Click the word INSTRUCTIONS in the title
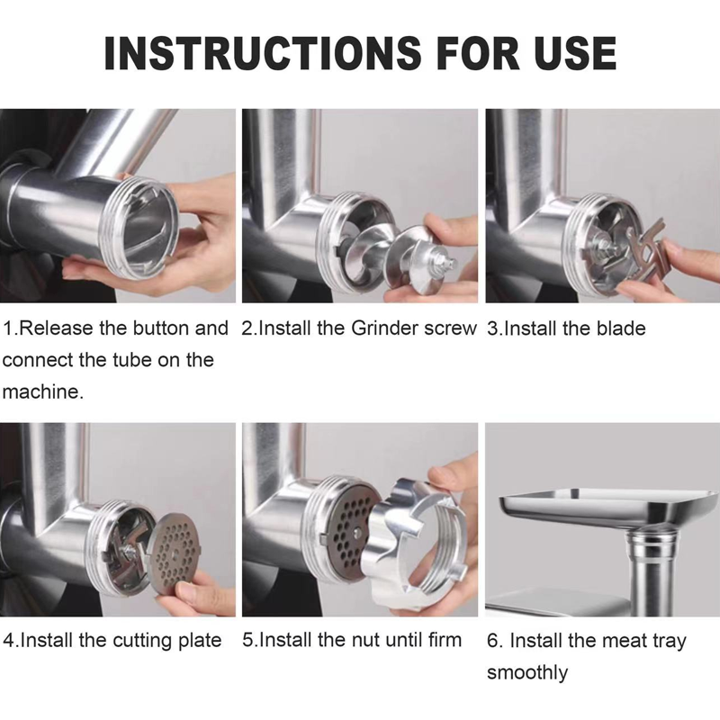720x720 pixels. pos(262,53)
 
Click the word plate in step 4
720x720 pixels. pos(199,641)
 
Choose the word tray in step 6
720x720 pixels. pos(669,642)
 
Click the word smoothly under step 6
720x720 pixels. pos(527,673)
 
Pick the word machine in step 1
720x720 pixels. pos(40,392)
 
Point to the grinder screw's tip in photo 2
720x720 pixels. pos(454,263)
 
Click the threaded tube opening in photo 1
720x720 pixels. pos(140,229)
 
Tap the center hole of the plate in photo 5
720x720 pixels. pos(356,532)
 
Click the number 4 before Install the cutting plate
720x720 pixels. pos(8,640)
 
